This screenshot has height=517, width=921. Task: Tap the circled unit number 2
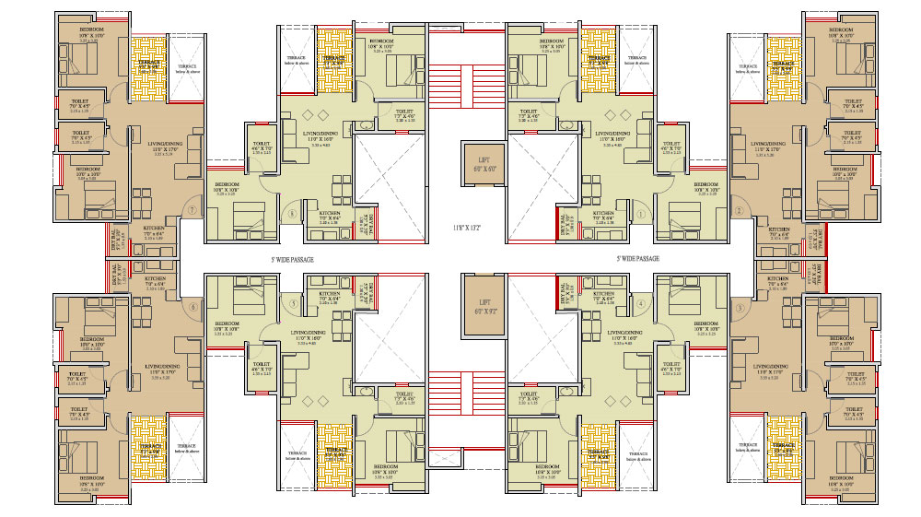coord(739,211)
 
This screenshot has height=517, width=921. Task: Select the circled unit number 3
coord(739,308)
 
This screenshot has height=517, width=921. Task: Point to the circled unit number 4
coord(639,303)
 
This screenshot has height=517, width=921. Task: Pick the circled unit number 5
coord(293,303)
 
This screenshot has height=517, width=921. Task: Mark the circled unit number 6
coord(192,308)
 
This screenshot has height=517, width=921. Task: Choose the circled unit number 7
coord(192,211)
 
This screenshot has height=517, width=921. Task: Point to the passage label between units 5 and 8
coord(292,260)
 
